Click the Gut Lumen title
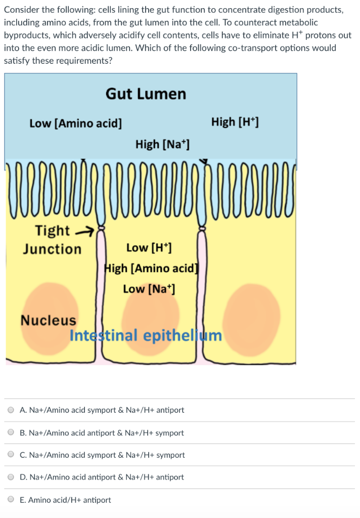pos(146,94)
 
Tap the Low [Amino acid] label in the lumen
pos(75,123)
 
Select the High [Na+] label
pos(162,145)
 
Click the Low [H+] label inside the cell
pos(149,248)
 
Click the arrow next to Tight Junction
pos(85,232)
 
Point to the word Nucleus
pos(48,320)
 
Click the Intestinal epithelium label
pos(146,336)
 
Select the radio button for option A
pos(11,410)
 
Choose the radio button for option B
pos(11,433)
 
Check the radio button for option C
pos(11,455)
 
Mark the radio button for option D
pos(11,477)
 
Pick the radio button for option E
pos(11,500)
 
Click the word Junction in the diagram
pos(52,249)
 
